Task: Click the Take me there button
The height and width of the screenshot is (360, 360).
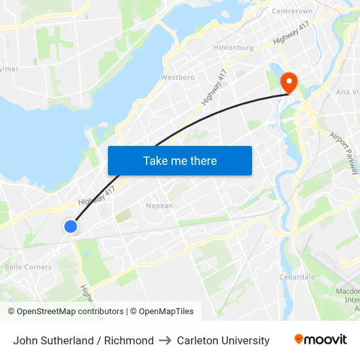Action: click(x=180, y=160)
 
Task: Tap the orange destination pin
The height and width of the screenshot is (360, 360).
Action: click(x=288, y=82)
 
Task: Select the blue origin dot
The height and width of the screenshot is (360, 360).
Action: click(x=71, y=226)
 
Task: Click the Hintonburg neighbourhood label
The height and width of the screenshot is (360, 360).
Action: click(x=232, y=48)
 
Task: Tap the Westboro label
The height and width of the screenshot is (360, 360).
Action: click(x=177, y=77)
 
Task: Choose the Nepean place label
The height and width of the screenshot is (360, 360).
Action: click(x=159, y=206)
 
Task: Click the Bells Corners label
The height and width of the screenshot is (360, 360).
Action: click(x=28, y=267)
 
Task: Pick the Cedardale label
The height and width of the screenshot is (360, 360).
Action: click(x=297, y=277)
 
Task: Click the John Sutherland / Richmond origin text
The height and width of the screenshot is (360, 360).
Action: click(x=83, y=340)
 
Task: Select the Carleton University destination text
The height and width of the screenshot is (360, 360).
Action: click(x=223, y=340)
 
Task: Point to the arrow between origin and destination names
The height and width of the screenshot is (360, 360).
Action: click(x=165, y=340)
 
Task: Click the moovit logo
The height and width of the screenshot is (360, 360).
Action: click(x=320, y=340)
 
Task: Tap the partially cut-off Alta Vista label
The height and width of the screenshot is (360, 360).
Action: click(x=348, y=92)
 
